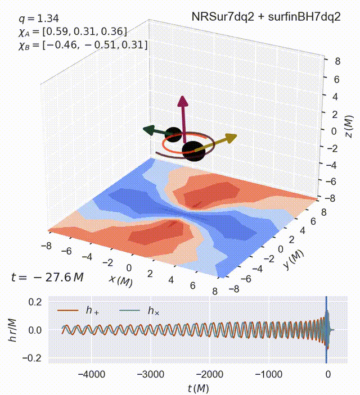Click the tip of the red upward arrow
tap(182, 98)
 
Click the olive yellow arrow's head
tap(231, 137)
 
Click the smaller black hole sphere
tap(174, 135)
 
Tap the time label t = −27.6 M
tap(47, 277)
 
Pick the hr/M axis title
tap(11, 330)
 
